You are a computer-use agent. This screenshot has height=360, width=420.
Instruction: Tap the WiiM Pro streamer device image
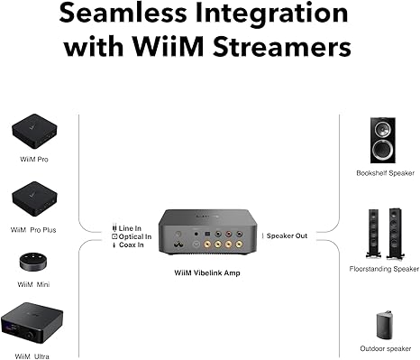point(36,132)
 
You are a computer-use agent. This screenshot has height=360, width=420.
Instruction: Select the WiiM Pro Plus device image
point(36,198)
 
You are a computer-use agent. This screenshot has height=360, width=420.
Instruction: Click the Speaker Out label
point(288,235)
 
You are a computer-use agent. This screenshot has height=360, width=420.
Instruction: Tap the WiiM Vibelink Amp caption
point(208,271)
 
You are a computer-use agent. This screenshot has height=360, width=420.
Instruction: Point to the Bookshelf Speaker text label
point(382,172)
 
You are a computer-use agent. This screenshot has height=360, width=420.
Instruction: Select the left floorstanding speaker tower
point(371,233)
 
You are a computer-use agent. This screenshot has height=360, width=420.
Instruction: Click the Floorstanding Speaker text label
point(383,268)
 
